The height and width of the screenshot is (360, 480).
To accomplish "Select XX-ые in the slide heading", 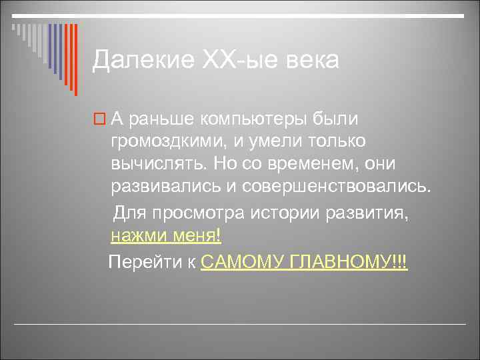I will coord(221,61).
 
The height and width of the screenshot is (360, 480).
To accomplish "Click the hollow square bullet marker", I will coord(99,119).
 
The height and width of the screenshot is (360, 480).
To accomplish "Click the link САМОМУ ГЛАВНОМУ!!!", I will coord(304,261).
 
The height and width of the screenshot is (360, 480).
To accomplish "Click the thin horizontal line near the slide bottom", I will coord(240,324).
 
